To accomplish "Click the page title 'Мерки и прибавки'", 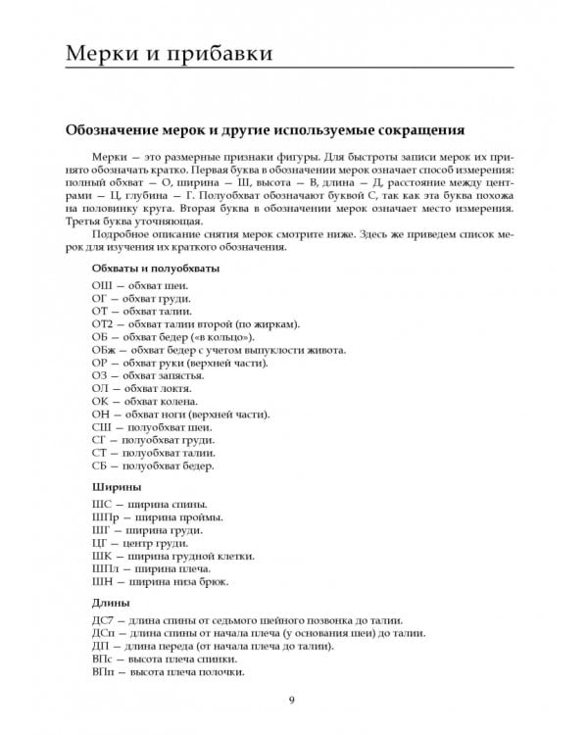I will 169,52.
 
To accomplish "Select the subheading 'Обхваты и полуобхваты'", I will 155,267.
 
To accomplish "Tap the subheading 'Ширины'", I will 116,486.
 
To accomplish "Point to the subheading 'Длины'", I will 112,602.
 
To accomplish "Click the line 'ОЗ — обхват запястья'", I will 147,375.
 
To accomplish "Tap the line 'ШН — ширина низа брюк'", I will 159,581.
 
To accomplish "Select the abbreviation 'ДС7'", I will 104,620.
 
